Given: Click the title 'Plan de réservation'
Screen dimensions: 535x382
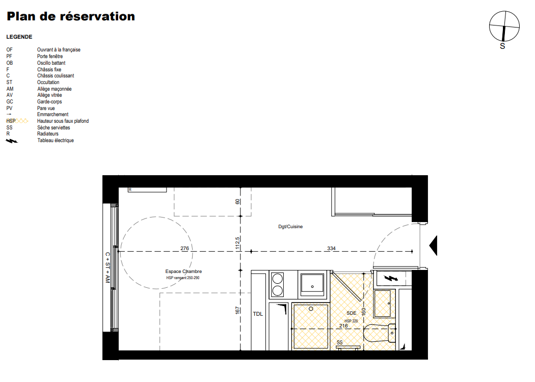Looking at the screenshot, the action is click(x=71, y=16).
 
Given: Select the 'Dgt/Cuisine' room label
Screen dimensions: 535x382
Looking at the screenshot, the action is click(x=290, y=227).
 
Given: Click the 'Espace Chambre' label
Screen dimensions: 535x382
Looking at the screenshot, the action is click(x=183, y=271).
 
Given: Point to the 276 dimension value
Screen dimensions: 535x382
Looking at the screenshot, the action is click(x=184, y=249).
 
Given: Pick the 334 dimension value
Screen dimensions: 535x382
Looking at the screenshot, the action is click(x=331, y=249).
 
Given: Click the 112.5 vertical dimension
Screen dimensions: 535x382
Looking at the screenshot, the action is click(x=237, y=243).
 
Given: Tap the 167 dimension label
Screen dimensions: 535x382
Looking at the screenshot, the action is click(x=237, y=310).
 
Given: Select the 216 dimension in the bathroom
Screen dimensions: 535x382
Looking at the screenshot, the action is click(x=343, y=326).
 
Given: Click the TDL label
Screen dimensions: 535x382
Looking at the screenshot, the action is click(x=258, y=314).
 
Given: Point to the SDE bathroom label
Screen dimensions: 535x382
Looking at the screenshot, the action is click(x=352, y=313).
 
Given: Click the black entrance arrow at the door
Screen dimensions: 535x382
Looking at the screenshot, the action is click(x=433, y=245).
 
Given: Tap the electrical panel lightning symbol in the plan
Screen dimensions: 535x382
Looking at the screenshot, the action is click(x=391, y=278).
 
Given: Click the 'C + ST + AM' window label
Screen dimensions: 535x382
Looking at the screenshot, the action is click(x=108, y=267).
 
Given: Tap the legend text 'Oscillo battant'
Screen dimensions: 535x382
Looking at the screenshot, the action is click(x=51, y=63).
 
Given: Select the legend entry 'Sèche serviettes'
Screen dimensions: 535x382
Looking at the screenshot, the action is click(x=53, y=127).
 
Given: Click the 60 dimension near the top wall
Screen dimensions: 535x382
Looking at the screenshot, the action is click(x=237, y=202).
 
